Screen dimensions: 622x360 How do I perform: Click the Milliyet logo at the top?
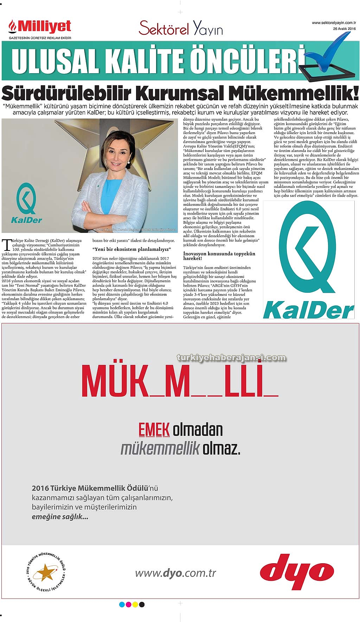[x=40, y=27]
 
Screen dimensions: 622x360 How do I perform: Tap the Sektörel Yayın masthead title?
[x=181, y=28]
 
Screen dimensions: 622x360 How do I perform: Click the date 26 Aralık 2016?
[x=344, y=29]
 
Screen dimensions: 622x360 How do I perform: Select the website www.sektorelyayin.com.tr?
[x=334, y=23]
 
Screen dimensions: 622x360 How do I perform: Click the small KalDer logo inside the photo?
[x=26, y=204]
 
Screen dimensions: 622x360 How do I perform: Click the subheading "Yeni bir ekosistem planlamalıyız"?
[x=131, y=249]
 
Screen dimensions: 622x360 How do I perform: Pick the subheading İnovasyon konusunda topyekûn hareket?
[x=219, y=256]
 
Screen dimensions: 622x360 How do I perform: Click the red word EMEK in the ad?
[x=154, y=430]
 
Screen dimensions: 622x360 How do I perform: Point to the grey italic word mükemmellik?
[x=160, y=448]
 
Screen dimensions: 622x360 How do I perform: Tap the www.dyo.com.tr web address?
[x=175, y=573]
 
